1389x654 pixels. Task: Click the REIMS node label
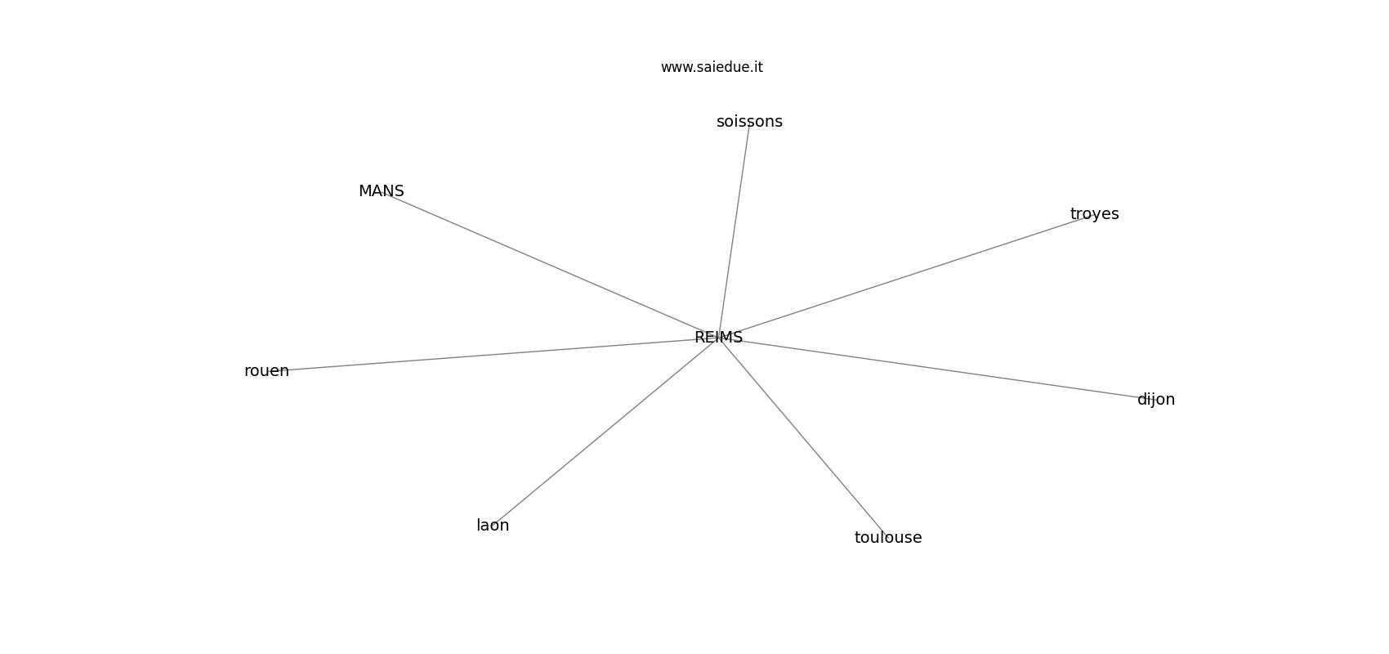coord(718,338)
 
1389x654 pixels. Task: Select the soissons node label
coord(749,122)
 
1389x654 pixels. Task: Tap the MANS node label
coord(382,191)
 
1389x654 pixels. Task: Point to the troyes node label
coord(1095,214)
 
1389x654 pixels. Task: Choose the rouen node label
coord(266,371)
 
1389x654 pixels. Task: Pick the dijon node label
coord(1156,400)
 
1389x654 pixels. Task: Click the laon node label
coord(493,526)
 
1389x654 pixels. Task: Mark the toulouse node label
coord(888,538)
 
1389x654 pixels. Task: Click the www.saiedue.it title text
coord(712,67)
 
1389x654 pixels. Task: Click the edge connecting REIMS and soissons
coord(734,230)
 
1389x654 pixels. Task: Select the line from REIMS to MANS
coord(550,264)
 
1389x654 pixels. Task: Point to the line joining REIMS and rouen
coord(493,354)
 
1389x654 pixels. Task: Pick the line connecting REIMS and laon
coord(605,432)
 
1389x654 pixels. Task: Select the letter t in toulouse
coord(858,538)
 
